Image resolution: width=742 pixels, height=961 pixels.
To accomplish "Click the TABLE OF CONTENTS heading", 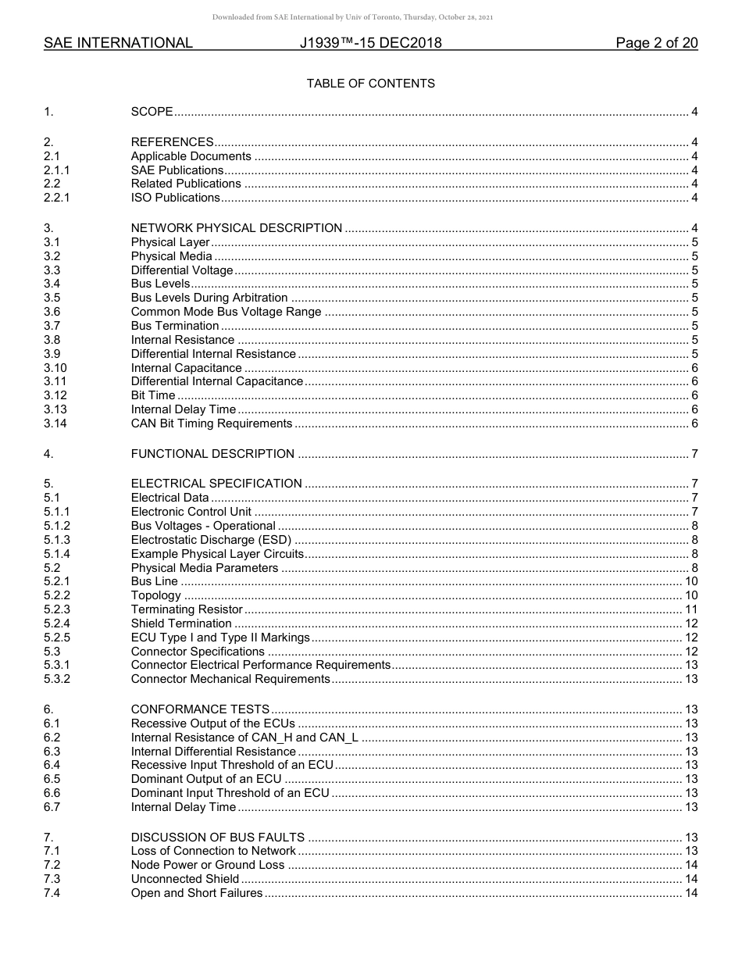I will [x=370, y=84].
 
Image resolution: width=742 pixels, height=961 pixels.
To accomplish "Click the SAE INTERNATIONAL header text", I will [x=118, y=44].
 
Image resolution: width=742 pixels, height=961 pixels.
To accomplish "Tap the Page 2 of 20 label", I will [x=656, y=44].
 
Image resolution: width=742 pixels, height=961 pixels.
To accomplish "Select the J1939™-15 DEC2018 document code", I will [x=370, y=44].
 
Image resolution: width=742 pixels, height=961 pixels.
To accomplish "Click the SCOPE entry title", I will [x=152, y=112].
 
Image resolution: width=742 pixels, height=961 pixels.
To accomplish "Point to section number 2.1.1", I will [x=56, y=170].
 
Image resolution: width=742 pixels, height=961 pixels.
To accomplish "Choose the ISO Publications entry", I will [x=175, y=198].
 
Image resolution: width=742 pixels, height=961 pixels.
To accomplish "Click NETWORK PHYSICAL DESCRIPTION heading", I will [x=236, y=228].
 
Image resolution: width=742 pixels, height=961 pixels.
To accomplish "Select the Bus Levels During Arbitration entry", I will [x=209, y=298].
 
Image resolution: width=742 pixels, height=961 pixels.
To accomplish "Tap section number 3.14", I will [x=55, y=423].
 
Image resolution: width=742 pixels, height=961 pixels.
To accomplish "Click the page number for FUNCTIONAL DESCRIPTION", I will [x=694, y=454].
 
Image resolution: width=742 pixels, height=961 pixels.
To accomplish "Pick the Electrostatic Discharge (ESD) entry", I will [x=211, y=540].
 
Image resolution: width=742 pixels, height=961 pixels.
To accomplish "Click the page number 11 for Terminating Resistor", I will [x=691, y=609].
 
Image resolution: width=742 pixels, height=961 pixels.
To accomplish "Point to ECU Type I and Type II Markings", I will [x=220, y=638].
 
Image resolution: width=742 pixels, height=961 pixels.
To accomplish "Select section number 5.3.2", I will [x=56, y=679].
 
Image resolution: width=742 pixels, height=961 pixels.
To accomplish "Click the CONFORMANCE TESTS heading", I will [x=200, y=709].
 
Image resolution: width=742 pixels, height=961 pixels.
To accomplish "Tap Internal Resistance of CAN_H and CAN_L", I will [x=244, y=738].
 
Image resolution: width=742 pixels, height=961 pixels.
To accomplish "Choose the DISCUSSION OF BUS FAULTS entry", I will [x=217, y=838].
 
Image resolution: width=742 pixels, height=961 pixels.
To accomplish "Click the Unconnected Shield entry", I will [x=185, y=879].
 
